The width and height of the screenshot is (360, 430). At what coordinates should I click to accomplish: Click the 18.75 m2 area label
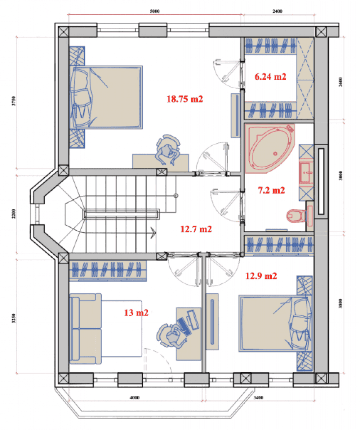185,99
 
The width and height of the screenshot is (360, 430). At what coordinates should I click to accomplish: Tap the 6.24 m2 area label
270,76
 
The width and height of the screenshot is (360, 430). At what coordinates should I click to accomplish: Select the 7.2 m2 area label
271,190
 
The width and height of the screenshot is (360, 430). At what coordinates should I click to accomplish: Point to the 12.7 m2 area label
196,229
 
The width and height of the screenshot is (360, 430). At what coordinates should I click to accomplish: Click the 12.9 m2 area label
261,276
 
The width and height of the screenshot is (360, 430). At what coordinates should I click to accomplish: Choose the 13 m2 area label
136,312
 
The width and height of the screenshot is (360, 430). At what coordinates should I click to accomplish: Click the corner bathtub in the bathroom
270,148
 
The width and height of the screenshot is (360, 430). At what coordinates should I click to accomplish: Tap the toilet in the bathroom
296,216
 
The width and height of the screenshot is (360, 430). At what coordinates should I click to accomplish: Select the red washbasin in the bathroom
307,173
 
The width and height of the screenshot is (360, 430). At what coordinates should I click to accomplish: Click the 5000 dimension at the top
155,11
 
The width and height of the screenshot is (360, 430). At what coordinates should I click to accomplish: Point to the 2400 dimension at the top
277,11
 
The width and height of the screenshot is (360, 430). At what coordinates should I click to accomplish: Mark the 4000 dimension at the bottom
135,397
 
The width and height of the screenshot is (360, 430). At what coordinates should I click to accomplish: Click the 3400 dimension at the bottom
258,397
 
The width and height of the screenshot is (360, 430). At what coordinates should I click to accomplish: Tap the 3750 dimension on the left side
14,101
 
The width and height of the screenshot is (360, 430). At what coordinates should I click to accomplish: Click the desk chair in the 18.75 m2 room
168,150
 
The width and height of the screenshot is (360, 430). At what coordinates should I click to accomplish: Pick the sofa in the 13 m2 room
85,328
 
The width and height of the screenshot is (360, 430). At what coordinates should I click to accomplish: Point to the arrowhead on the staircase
153,233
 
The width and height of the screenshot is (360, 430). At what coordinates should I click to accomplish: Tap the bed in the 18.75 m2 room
106,97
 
